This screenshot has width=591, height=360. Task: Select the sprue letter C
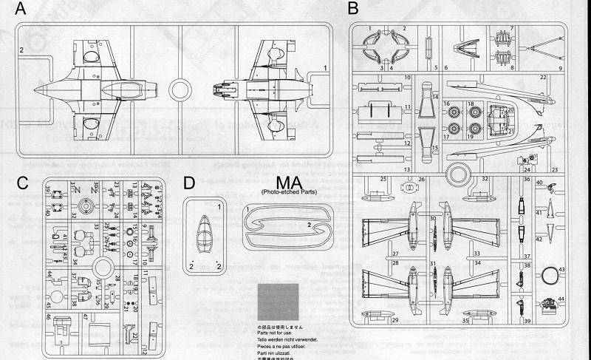(x=23, y=182)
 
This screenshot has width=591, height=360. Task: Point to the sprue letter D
(x=189, y=182)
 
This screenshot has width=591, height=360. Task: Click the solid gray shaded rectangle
(x=279, y=303)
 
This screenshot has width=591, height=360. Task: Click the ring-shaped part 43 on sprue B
(x=553, y=277)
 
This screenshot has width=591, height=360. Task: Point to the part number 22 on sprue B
(x=542, y=77)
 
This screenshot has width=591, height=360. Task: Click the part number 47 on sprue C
(x=86, y=316)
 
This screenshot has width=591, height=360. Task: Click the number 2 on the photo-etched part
(x=308, y=223)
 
